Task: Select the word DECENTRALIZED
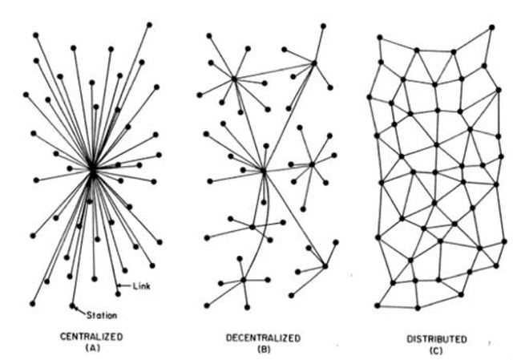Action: [x=263, y=337]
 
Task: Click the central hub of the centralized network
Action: [x=93, y=169]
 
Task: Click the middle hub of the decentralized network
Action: [x=263, y=170]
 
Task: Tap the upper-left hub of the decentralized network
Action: [x=234, y=79]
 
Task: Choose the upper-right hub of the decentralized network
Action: [x=314, y=62]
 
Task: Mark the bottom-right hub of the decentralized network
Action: [x=325, y=265]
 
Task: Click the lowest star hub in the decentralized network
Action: [x=244, y=280]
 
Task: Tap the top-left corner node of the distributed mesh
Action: [x=379, y=37]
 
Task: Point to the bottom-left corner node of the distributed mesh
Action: [x=376, y=305]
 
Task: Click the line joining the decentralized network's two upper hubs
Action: [x=274, y=71]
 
